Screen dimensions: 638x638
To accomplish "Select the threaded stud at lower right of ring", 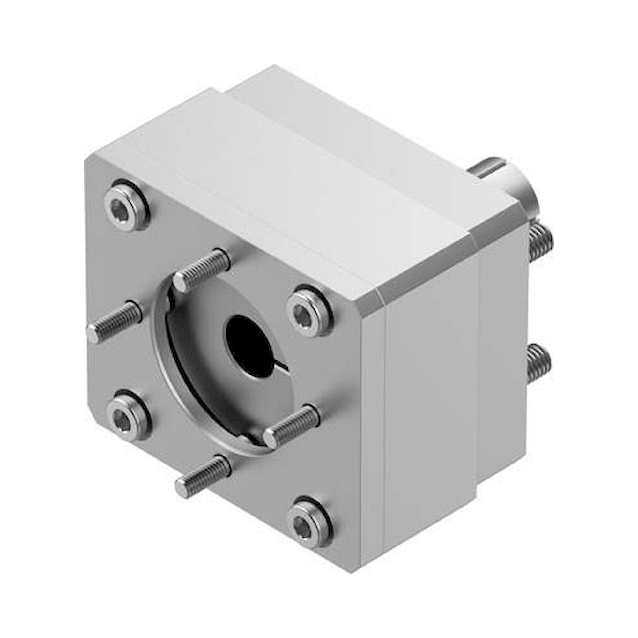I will pos(291,424).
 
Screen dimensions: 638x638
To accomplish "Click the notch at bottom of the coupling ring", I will pos(251,441).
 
